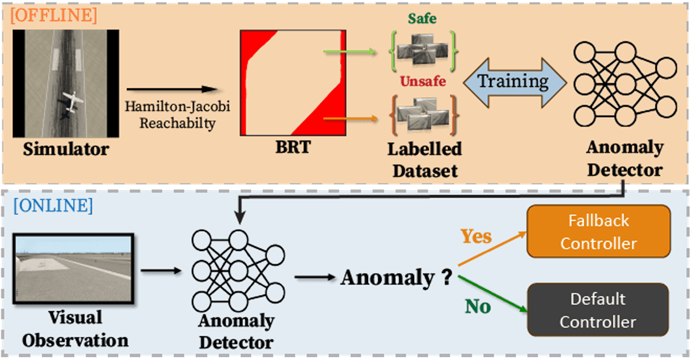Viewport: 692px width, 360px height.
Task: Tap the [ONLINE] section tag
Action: [52, 206]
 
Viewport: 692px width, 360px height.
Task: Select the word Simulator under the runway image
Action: [66, 150]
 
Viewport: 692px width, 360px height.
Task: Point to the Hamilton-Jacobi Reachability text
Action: [172, 115]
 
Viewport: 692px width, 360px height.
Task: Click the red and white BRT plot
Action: [293, 83]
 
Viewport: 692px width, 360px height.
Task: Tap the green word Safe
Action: [423, 19]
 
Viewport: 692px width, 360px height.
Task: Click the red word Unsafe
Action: [423, 82]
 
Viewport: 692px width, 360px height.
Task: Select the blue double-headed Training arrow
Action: [514, 82]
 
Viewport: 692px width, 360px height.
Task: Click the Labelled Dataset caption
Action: [424, 159]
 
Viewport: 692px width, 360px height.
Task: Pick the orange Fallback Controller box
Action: [598, 232]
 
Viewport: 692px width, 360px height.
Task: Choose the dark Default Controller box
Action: [598, 310]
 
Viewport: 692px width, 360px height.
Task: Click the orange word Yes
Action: [476, 236]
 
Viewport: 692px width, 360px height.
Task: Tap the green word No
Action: [478, 307]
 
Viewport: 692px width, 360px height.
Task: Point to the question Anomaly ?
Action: [396, 278]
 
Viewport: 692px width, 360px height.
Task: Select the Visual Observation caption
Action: [75, 329]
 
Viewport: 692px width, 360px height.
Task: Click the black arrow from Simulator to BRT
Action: [171, 90]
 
